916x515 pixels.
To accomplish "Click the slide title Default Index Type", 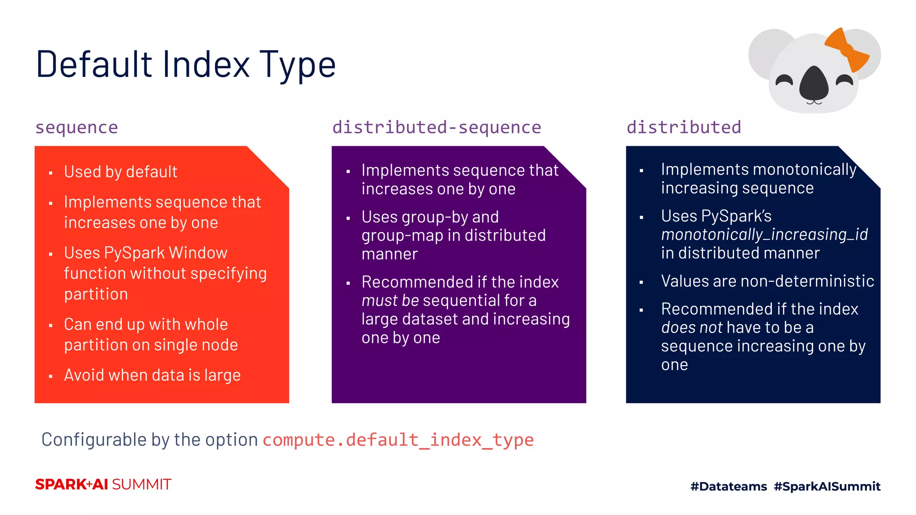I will tap(186, 65).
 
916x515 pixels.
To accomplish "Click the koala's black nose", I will tap(814, 84).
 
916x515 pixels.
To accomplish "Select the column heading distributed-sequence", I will tap(437, 127).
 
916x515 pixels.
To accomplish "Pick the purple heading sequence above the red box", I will tap(76, 127).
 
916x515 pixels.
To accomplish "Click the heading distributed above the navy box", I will tap(683, 127).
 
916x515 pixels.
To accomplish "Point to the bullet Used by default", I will tap(120, 172).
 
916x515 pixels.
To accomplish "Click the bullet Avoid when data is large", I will tap(152, 375).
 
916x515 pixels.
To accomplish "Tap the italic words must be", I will tap(390, 300).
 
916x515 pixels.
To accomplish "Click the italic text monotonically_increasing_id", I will tap(764, 234).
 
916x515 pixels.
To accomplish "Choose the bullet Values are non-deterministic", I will tap(768, 281).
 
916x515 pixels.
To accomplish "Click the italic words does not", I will tap(691, 328).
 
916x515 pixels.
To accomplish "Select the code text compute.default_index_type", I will tap(398, 440).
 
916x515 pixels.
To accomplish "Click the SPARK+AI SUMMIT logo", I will tap(103, 485).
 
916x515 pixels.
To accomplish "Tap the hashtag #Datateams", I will tap(728, 486).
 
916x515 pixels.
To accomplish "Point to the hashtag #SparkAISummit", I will tap(827, 486).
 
